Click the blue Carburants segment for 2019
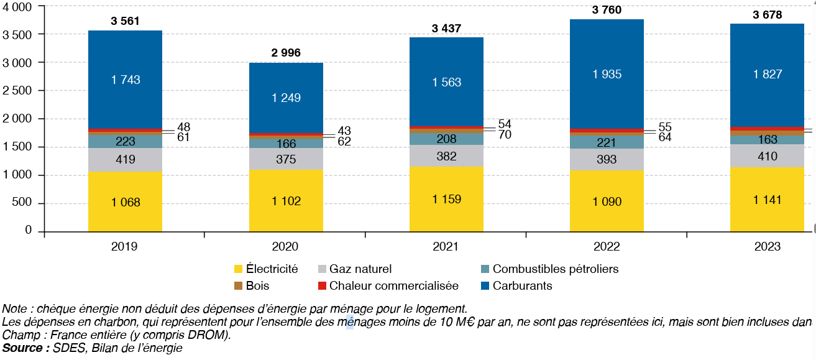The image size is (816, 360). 125,80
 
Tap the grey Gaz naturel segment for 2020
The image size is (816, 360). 286,159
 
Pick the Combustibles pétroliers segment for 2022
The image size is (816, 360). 607,142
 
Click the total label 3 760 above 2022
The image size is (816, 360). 607,10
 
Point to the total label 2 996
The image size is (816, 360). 286,53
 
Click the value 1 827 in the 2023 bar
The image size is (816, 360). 767,75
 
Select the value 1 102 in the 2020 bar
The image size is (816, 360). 286,201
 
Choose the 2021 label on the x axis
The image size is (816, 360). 446,246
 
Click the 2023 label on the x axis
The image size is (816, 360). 767,246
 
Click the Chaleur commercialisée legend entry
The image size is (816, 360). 394,286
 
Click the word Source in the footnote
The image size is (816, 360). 25,348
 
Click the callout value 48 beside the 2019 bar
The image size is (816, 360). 183,127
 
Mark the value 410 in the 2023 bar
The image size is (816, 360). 767,156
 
